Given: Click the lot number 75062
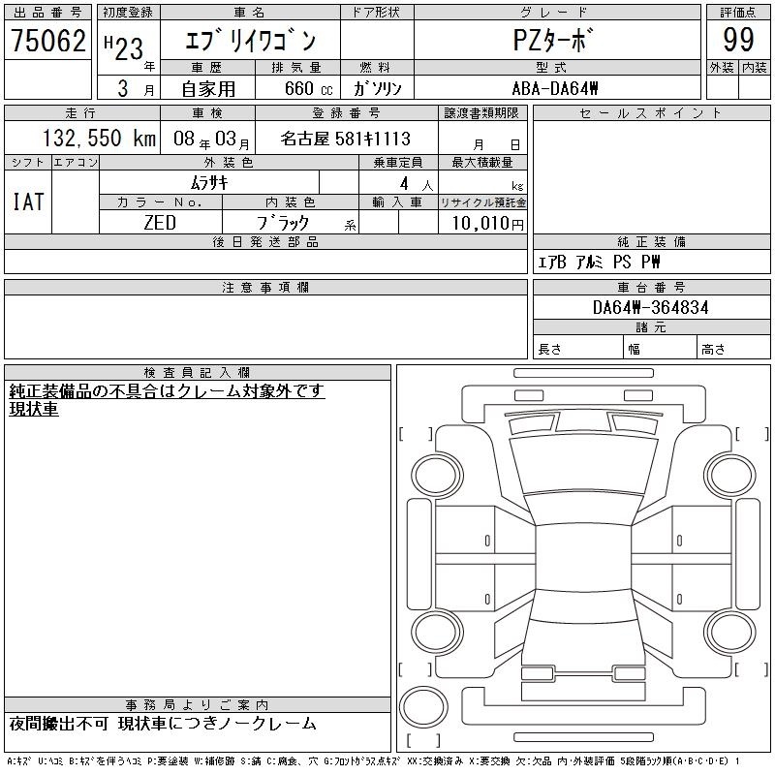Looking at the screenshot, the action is point(47,40).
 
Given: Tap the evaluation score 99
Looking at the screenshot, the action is point(738,40).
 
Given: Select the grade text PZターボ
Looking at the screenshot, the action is point(552,40).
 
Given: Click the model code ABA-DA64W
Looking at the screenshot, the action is point(555,88).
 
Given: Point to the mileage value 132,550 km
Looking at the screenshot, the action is point(100,139).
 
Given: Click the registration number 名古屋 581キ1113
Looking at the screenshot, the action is point(346,139).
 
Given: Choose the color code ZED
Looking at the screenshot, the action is point(160,223).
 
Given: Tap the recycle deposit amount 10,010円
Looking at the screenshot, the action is point(487,224).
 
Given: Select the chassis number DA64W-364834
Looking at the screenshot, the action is point(650,307).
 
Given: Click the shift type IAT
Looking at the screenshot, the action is point(28,201).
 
